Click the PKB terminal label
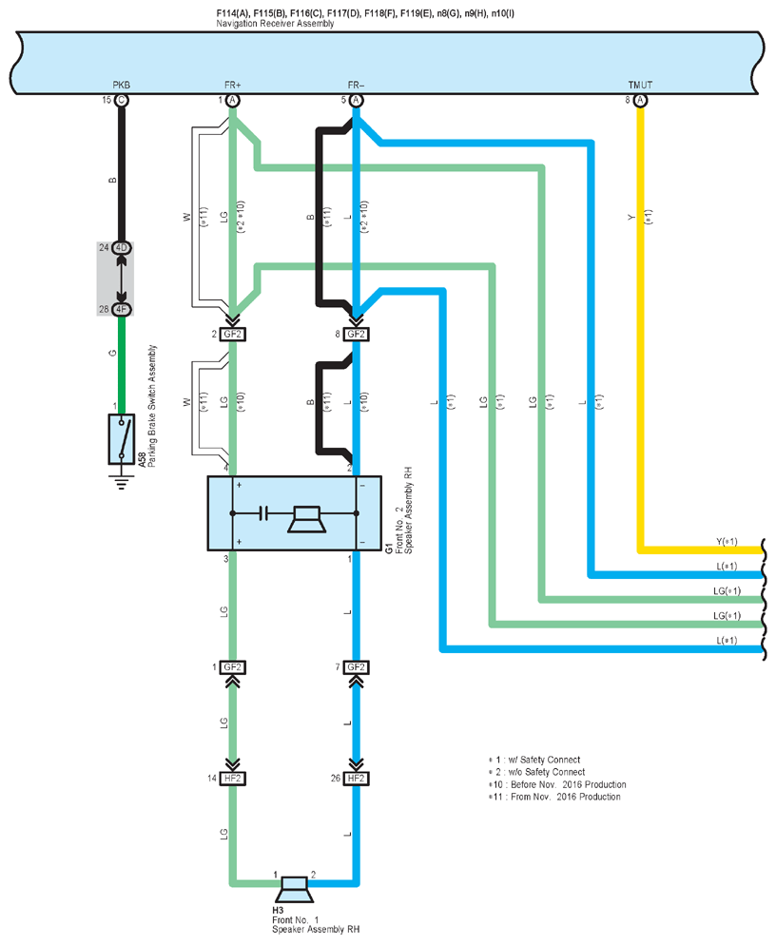coord(121,85)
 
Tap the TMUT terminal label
coord(640,85)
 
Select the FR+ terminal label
coord(232,85)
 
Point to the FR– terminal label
coord(356,85)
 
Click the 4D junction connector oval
coord(122,247)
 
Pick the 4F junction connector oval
coord(122,310)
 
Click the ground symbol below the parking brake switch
coord(122,482)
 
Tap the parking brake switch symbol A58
coord(122,439)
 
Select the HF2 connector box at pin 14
coord(232,779)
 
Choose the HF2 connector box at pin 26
coord(356,779)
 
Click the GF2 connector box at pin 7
coord(356,667)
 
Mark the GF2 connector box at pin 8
coord(356,334)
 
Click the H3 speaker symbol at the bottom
coord(295,890)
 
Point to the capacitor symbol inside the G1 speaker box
coord(263,513)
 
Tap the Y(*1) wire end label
coord(727,541)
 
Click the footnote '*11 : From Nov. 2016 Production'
coord(554,797)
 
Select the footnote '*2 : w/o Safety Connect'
coord(537,772)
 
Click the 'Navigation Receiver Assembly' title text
coord(275,24)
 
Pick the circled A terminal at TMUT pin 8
coord(641,100)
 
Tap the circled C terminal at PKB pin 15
coord(122,100)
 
